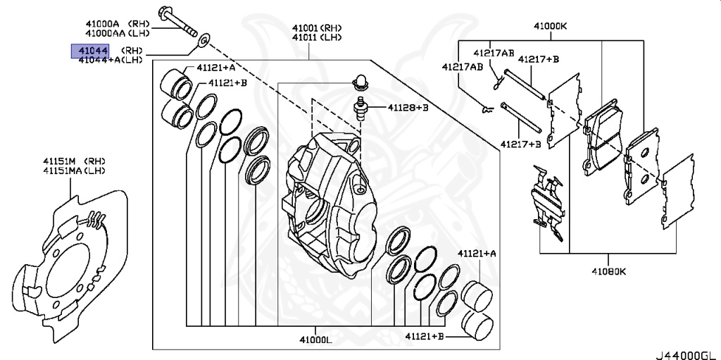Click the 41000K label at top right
pyautogui.click(x=550, y=27)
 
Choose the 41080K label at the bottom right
pyautogui.click(x=608, y=271)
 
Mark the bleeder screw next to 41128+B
pyautogui.click(x=362, y=108)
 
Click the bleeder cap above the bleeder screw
pyautogui.click(x=360, y=81)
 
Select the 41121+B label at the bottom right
pyautogui.click(x=425, y=337)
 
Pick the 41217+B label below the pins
pyautogui.click(x=520, y=144)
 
